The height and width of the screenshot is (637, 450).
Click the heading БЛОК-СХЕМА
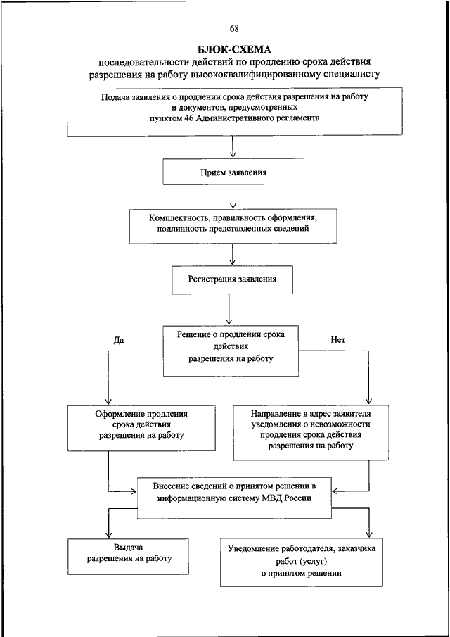[234, 50]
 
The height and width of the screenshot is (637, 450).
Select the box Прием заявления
[233, 172]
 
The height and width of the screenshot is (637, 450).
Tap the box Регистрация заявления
[233, 279]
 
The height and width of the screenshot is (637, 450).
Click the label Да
[119, 341]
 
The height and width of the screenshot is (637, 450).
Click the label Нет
[337, 341]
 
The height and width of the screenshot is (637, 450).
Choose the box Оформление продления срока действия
[141, 427]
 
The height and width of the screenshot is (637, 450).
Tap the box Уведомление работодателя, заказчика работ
[301, 562]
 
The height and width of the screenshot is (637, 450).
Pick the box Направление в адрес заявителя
[310, 432]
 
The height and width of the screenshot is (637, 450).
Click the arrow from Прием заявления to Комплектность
[233, 198]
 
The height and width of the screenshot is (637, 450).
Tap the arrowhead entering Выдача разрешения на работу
[108, 535]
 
